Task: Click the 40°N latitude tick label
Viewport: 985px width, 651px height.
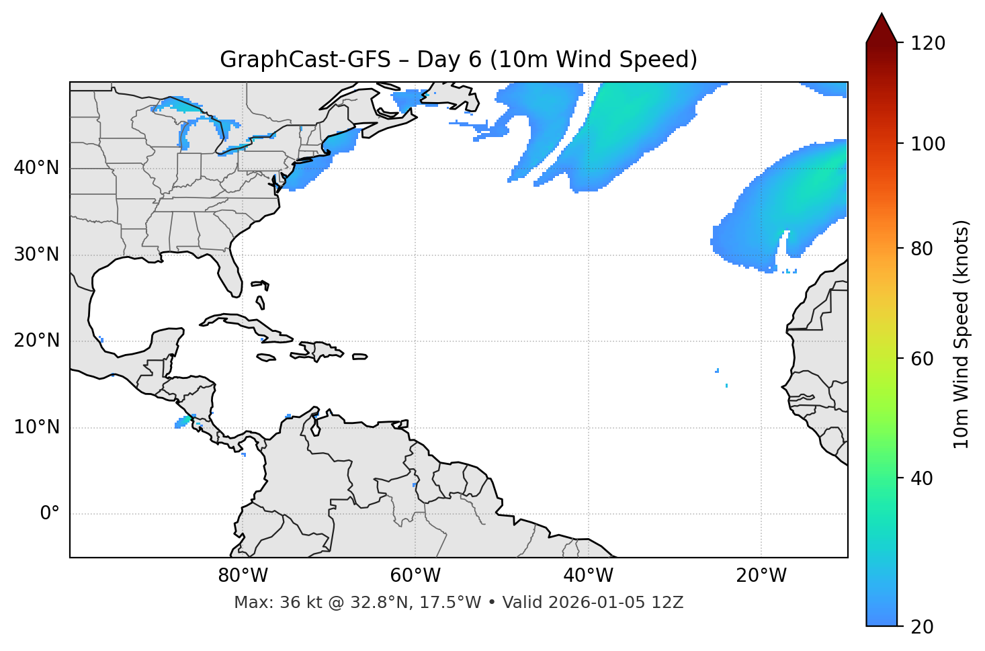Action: coord(36,168)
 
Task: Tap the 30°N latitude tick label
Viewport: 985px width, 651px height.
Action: coord(36,255)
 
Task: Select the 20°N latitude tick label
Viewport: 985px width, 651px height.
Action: coord(36,341)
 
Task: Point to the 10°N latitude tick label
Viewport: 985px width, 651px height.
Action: coord(36,427)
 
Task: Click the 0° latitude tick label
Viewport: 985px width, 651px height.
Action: coord(50,514)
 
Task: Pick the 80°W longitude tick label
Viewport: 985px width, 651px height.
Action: coord(243,576)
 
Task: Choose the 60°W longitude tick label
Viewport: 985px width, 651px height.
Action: coord(415,576)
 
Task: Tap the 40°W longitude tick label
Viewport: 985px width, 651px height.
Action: coord(588,576)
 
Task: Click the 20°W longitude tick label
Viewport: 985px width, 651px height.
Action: coord(761,576)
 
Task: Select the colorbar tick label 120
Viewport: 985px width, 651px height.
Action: coord(928,44)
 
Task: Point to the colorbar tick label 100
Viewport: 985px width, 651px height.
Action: coord(928,144)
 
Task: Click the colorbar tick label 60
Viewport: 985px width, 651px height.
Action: coord(923,359)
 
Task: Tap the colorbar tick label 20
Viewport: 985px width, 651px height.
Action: coord(923,627)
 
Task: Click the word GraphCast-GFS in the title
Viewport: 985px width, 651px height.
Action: coord(305,60)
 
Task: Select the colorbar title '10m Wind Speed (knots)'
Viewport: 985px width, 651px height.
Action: coord(961,334)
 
